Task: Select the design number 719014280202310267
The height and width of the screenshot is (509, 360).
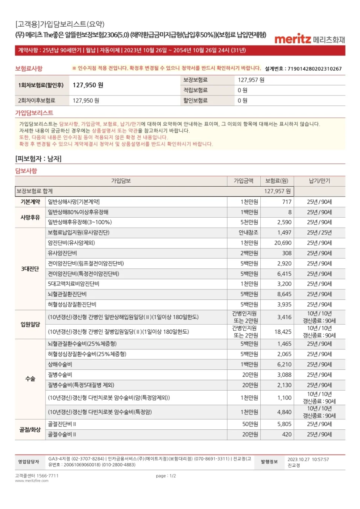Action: [314, 68]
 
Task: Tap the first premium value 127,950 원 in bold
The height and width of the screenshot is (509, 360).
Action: [88, 85]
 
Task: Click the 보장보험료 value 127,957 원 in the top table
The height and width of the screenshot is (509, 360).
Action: [251, 80]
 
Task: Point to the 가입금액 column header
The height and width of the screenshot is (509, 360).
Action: [243, 181]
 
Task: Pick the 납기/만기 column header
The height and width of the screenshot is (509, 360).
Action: [319, 181]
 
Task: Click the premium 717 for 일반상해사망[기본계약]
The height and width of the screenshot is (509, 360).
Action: [287, 202]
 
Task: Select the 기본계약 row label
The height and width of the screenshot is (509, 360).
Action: [30, 202]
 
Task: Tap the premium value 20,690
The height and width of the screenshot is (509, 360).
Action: [283, 243]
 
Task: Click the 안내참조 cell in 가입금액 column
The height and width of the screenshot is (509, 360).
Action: [248, 232]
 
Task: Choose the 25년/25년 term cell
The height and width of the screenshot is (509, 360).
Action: [319, 232]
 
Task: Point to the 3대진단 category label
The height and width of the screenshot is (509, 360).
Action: [30, 269]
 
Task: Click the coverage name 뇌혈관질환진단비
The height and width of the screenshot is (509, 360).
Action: [67, 294]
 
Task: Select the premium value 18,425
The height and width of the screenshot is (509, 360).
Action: [283, 332]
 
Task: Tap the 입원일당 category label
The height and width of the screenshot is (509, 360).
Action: [30, 324]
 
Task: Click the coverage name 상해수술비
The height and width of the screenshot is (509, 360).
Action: [60, 364]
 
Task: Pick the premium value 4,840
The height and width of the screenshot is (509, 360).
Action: [284, 412]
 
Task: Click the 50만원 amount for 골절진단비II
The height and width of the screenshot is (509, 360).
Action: [250, 424]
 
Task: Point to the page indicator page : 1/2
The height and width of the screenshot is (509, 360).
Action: [166, 476]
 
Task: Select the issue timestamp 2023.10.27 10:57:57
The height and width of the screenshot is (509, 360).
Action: [308, 459]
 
